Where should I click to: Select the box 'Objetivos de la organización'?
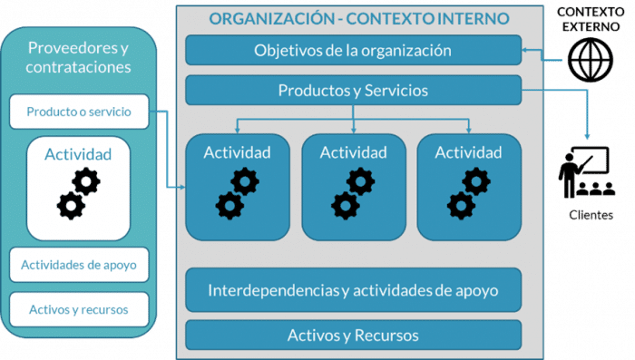pyautogui.click(x=353, y=50)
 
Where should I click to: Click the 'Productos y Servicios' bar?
pyautogui.click(x=353, y=91)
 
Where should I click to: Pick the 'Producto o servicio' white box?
pyautogui.click(x=79, y=112)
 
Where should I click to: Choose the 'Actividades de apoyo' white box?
pyautogui.click(x=79, y=265)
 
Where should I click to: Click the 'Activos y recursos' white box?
pyautogui.click(x=79, y=309)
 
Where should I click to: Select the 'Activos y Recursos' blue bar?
pyautogui.click(x=353, y=335)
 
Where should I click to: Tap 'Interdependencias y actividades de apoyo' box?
pyautogui.click(x=353, y=291)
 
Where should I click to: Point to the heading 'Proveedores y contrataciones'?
pyautogui.click(x=79, y=57)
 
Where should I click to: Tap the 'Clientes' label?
pyautogui.click(x=591, y=215)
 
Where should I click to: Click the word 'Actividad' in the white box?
pyautogui.click(x=78, y=154)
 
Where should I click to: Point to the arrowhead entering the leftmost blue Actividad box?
pyautogui.click(x=181, y=188)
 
